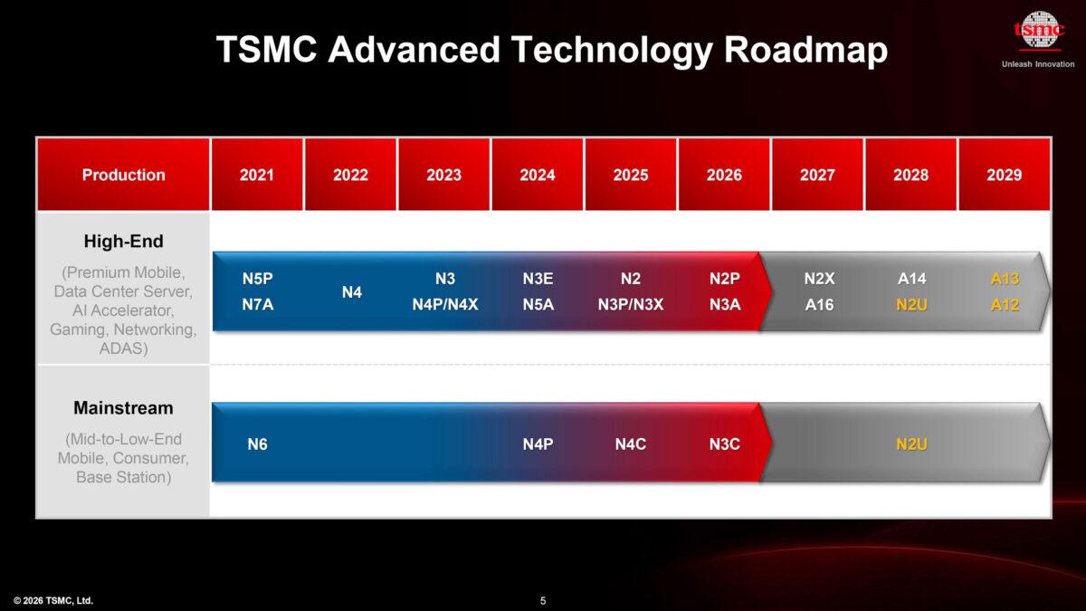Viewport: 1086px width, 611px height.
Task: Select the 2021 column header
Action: pos(257,175)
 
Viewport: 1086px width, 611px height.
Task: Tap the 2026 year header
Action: pos(724,175)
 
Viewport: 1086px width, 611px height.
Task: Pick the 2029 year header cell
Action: pos(1005,175)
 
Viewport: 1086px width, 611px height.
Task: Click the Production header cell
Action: pos(123,175)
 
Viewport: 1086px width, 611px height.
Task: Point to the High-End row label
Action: pos(123,242)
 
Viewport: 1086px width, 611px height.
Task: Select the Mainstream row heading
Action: pos(123,408)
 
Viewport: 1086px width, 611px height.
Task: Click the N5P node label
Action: pos(257,279)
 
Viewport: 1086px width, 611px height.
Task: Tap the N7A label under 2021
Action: pos(257,305)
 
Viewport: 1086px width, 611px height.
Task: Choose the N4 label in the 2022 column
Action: pos(351,292)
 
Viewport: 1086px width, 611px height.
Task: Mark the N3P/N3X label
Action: pos(630,305)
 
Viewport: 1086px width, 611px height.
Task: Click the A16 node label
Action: pos(819,305)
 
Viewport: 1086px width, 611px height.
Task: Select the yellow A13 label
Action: pos(1005,279)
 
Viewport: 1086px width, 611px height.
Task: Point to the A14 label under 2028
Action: pos(911,279)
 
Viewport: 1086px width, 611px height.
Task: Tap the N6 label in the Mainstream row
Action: pos(257,444)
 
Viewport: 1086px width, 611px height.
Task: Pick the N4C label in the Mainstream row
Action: pos(630,444)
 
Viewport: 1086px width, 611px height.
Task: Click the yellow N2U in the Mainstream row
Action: pos(911,444)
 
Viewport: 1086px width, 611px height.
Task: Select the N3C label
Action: pos(724,444)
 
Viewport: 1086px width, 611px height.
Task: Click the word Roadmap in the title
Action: pos(805,50)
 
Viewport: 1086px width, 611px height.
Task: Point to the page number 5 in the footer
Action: pos(543,600)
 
